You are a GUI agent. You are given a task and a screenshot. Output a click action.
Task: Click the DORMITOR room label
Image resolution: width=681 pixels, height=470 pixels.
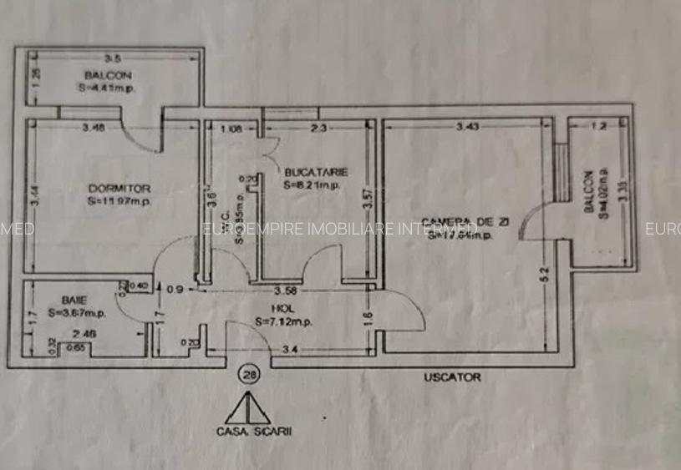[120, 189]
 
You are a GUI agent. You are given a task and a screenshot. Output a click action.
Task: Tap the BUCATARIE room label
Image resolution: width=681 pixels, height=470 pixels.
[315, 172]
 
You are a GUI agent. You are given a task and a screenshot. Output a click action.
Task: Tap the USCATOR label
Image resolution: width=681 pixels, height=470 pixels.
[452, 377]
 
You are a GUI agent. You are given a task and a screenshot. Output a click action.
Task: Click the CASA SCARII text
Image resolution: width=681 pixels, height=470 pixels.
[247, 432]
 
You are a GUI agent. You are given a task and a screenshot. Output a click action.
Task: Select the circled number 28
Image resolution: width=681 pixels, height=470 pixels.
[248, 375]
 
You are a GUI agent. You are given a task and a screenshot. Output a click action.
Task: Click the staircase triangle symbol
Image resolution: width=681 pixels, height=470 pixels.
[248, 408]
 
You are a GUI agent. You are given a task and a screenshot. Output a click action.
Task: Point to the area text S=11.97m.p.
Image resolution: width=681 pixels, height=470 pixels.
[120, 201]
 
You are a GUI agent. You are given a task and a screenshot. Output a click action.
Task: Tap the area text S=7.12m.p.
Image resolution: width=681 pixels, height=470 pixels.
[285, 321]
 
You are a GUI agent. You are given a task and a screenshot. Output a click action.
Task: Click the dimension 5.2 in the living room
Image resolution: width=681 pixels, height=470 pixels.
[544, 271]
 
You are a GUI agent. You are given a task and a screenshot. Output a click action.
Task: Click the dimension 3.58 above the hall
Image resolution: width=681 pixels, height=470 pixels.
[287, 291]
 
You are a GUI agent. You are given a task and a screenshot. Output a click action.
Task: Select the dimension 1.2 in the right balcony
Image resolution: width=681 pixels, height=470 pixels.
[598, 127]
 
